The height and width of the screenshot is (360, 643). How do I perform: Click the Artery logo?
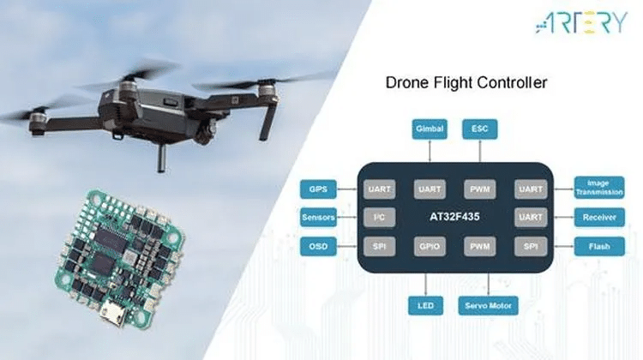tap(581, 22)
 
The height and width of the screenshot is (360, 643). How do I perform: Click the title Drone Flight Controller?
tap(466, 82)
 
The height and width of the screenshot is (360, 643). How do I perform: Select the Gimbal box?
tap(430, 129)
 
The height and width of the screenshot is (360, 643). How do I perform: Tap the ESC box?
tap(480, 129)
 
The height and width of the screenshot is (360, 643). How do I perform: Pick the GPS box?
tap(318, 189)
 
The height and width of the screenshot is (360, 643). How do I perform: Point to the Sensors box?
tap(318, 218)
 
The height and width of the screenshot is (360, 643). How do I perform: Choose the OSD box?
tap(318, 246)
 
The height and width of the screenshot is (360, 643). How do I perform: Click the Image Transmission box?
tap(599, 188)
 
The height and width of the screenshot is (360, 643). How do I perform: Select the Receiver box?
tap(599, 218)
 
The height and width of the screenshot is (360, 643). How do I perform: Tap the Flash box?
tap(599, 246)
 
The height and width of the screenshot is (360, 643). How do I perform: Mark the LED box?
tap(425, 305)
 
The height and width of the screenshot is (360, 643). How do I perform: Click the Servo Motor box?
tap(488, 305)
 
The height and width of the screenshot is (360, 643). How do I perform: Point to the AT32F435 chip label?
tap(454, 217)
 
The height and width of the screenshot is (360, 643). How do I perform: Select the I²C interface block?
tap(379, 218)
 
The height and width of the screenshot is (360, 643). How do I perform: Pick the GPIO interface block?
tap(430, 246)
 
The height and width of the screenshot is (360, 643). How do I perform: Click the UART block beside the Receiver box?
tap(531, 218)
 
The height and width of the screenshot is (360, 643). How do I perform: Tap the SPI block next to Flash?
tap(531, 246)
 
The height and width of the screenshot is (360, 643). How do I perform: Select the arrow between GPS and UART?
tap(347, 189)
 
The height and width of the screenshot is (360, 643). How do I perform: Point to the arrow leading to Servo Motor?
tap(489, 285)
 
